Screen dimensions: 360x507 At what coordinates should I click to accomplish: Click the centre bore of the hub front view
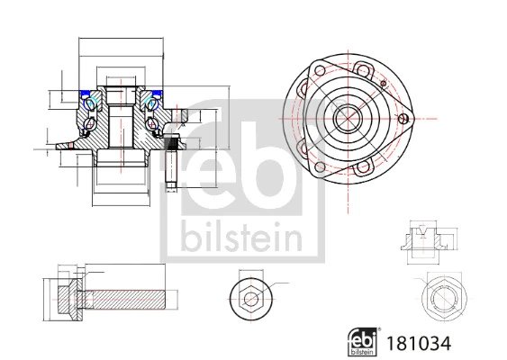coord(347,117)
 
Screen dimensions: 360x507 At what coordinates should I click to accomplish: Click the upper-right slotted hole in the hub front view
coord(367,70)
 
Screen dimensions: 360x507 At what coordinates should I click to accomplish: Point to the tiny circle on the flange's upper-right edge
coord(384,84)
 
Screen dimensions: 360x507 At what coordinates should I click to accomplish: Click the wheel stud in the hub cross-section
coord(170,163)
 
